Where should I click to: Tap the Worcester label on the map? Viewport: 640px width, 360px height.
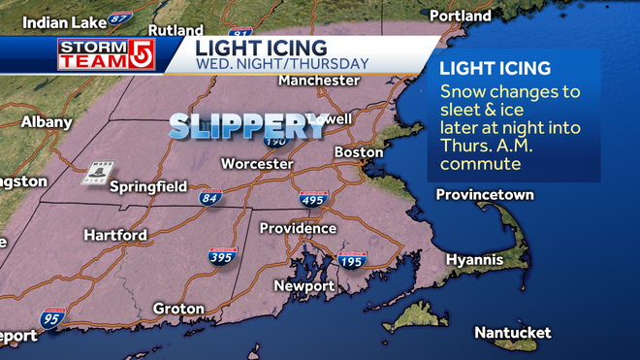click(257, 164)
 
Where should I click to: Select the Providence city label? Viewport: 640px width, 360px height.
click(298, 228)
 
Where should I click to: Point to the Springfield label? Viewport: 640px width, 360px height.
click(147, 186)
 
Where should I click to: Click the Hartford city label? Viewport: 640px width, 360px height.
click(115, 235)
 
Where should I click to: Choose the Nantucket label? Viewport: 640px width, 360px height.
click(512, 333)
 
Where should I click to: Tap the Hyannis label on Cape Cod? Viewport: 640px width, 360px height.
click(474, 260)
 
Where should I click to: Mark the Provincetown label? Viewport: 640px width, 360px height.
click(485, 195)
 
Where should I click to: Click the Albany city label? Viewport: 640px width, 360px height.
click(47, 122)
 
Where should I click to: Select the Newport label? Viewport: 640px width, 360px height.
click(304, 286)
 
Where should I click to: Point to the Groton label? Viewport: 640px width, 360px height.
click(178, 309)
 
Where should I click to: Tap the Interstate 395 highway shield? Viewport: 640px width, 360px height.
click(222, 256)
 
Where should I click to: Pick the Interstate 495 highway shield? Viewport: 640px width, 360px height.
click(312, 199)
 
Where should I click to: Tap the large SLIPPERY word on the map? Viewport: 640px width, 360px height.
click(247, 125)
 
